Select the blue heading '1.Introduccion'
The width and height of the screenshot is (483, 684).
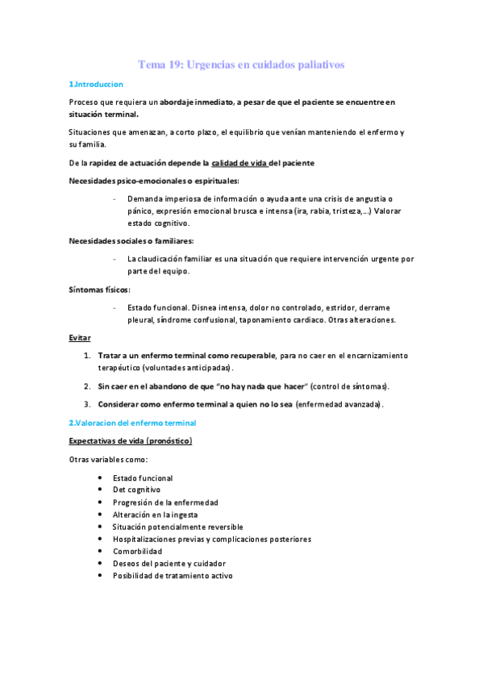[x=95, y=84]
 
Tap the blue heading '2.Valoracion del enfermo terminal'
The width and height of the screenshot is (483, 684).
[x=132, y=422]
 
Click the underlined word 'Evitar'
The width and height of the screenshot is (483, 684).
[x=79, y=337]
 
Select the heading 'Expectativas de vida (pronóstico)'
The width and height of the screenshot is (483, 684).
[x=130, y=441]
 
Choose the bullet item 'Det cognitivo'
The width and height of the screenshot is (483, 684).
[x=136, y=490]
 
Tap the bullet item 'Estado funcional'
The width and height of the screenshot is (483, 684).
[x=143, y=478]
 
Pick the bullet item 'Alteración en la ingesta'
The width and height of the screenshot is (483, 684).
[x=156, y=514]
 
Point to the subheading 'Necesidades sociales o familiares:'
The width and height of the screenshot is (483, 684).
[x=131, y=240]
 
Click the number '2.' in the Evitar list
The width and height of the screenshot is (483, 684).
[x=86, y=386]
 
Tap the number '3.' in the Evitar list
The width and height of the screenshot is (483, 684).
[x=86, y=403]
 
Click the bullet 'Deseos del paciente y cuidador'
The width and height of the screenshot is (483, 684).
[x=169, y=563]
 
